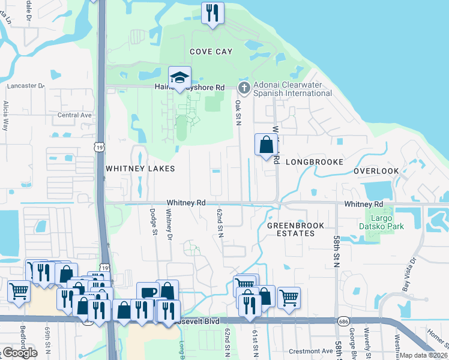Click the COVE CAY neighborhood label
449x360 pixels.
[x=211, y=52]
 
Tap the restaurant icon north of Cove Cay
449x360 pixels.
[x=211, y=13]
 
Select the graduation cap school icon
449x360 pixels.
[x=179, y=77]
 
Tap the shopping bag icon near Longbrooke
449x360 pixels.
[x=266, y=145]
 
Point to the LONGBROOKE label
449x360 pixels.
[x=314, y=162]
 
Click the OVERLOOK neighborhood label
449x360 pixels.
[x=376, y=171]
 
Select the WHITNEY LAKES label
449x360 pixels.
[x=140, y=169]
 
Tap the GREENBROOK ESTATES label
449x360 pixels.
[x=295, y=229]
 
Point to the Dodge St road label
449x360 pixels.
[x=153, y=221]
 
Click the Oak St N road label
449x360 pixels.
[x=238, y=113]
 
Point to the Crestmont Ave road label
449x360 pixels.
[x=311, y=351]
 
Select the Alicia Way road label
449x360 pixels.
[x=6, y=116]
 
